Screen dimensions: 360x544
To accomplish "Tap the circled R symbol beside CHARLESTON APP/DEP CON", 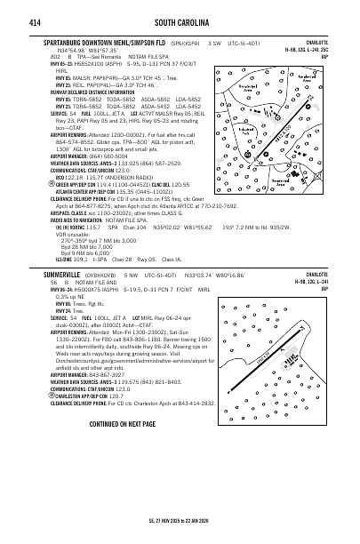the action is coord(39,396).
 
